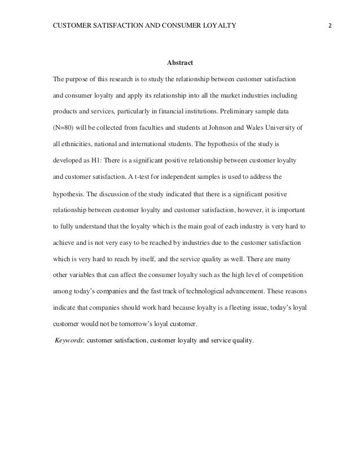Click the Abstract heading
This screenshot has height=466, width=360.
[180, 62]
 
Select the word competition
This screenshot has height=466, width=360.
[285, 276]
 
